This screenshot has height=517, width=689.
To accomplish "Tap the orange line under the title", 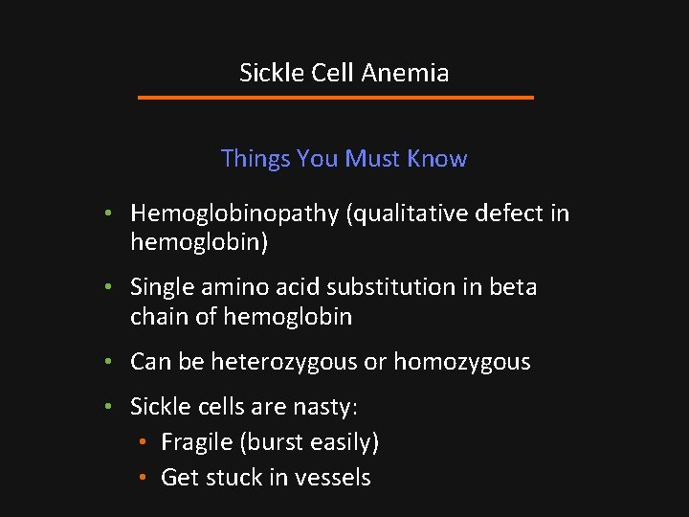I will [335, 98].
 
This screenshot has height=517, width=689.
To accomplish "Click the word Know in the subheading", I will [437, 159].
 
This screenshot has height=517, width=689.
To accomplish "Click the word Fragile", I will [196, 442].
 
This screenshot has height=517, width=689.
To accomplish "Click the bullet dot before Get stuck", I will [141, 478].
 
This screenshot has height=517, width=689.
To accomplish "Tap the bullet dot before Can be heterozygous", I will [110, 362].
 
